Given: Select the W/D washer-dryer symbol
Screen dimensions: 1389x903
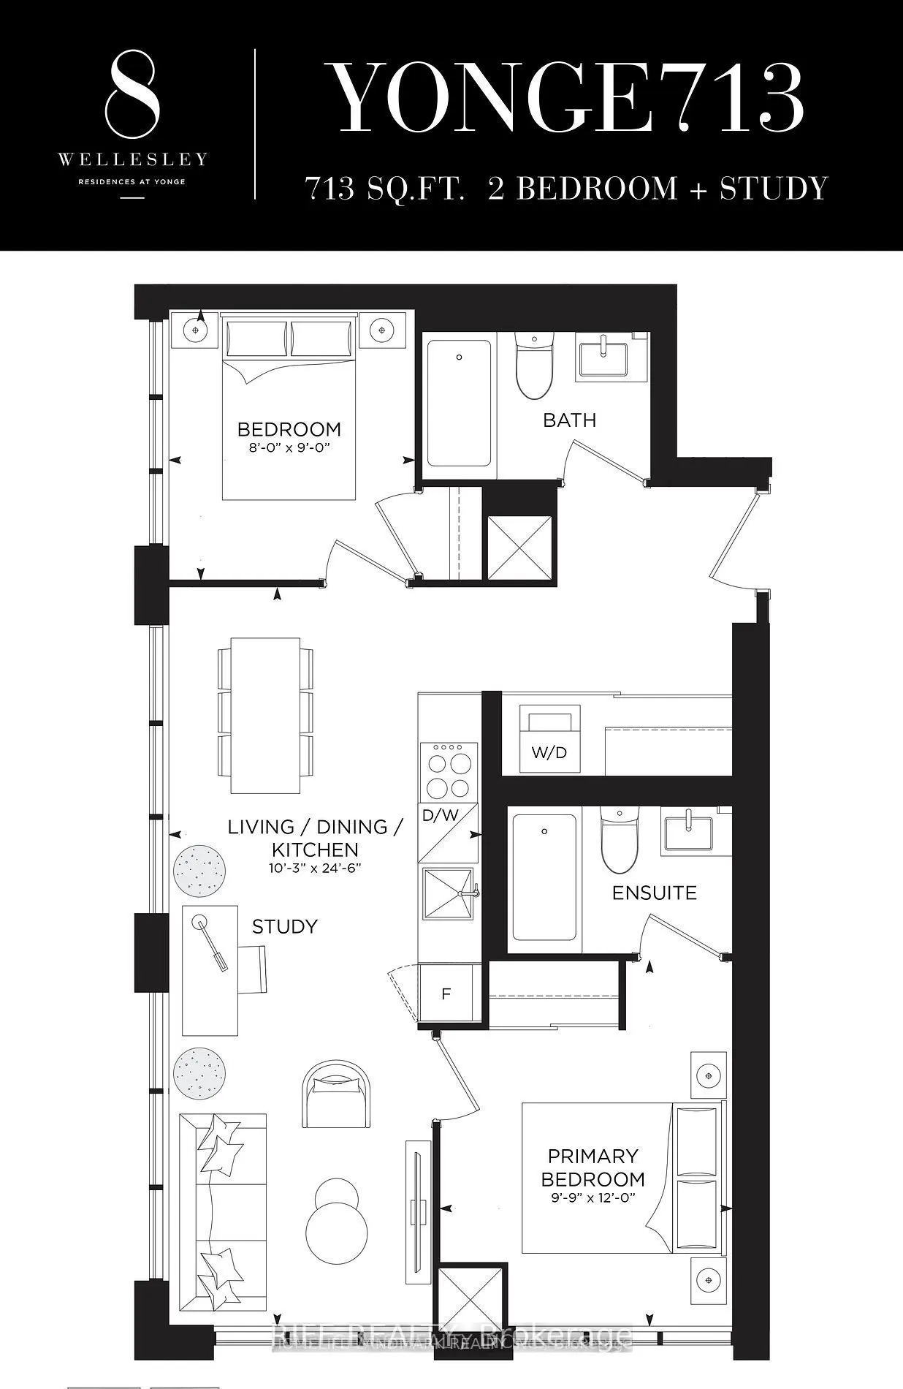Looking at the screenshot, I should pyautogui.click(x=549, y=738).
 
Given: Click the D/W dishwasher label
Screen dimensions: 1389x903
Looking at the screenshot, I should pyautogui.click(x=440, y=814).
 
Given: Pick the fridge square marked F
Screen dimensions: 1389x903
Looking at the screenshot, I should pyautogui.click(x=446, y=994).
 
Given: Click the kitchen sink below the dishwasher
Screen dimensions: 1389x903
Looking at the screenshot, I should pyautogui.click(x=447, y=893).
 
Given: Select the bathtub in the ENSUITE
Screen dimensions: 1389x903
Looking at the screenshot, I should pyautogui.click(x=544, y=877).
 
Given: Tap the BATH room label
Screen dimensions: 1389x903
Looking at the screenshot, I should pyautogui.click(x=569, y=420).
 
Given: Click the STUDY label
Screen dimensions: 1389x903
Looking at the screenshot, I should pyautogui.click(x=284, y=927).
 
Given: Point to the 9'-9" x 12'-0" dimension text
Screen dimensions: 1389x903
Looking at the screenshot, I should pyautogui.click(x=593, y=1198).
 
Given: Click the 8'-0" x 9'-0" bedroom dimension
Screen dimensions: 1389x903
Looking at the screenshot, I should pyautogui.click(x=289, y=447).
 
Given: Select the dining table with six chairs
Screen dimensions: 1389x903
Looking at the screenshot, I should pyautogui.click(x=265, y=715).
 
